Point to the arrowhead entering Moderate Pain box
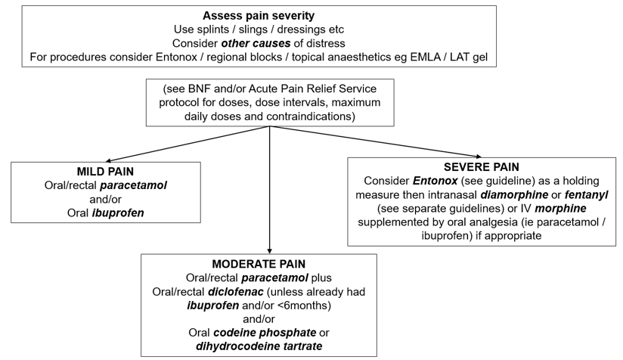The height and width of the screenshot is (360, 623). pyautogui.click(x=270, y=249)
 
